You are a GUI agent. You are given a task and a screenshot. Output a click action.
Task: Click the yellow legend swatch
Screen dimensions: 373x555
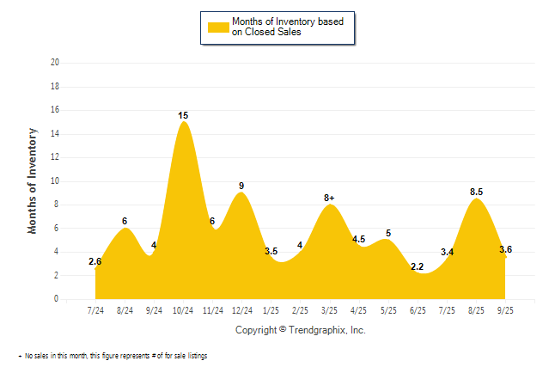(x=217, y=27)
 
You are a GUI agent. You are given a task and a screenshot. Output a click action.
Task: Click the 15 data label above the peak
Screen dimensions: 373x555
(x=183, y=115)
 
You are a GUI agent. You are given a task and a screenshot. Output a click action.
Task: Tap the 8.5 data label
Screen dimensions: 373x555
(x=477, y=193)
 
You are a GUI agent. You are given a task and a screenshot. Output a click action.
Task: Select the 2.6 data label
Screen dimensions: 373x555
(x=95, y=262)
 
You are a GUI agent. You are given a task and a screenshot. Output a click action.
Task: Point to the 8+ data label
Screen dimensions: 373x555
(x=330, y=198)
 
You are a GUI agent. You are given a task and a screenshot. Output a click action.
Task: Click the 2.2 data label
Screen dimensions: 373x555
(x=418, y=267)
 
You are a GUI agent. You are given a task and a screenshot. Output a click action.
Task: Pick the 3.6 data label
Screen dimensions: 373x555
(x=506, y=250)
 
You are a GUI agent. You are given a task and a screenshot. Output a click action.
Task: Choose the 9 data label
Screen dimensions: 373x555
(x=241, y=186)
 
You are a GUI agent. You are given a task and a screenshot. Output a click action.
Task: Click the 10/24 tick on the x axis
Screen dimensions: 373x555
(x=183, y=309)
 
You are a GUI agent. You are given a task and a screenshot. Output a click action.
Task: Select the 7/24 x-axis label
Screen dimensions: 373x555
(x=95, y=309)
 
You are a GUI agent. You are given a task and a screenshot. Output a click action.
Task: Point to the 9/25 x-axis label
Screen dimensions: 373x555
(x=506, y=309)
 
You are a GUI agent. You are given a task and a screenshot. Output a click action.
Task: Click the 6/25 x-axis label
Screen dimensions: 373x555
(x=418, y=309)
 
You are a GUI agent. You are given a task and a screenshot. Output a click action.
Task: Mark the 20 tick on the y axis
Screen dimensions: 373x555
(x=55, y=63)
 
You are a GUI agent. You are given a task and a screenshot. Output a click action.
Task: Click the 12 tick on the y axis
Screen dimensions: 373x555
(x=55, y=157)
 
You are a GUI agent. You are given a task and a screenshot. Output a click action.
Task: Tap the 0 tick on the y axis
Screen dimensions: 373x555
(x=57, y=299)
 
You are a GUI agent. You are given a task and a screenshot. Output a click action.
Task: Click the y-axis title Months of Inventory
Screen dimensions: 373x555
(x=33, y=180)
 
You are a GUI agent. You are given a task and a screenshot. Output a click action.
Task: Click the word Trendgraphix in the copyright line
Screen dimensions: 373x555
(x=320, y=330)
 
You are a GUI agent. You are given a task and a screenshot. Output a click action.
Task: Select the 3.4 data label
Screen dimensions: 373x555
(x=448, y=253)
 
